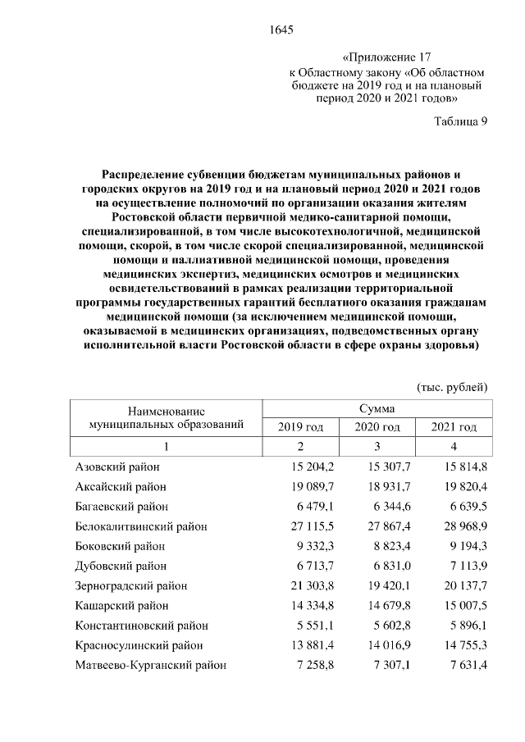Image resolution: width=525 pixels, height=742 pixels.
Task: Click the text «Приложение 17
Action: click(386, 57)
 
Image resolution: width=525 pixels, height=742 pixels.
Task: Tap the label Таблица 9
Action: click(461, 122)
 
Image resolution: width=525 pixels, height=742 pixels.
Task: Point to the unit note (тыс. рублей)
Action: click(452, 386)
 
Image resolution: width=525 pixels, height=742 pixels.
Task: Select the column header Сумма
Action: click(376, 407)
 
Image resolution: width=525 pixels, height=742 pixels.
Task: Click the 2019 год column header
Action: click(300, 427)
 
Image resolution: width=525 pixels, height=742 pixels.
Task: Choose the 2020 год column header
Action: click(377, 427)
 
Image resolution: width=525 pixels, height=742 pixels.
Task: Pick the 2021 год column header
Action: click(454, 427)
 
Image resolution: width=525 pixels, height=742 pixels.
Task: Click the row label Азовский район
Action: click(116, 467)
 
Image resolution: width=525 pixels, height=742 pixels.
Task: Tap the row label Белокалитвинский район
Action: click(140, 526)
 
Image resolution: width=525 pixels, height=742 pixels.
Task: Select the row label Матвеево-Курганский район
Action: click(150, 664)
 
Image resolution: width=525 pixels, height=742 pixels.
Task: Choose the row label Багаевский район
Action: click(121, 506)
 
